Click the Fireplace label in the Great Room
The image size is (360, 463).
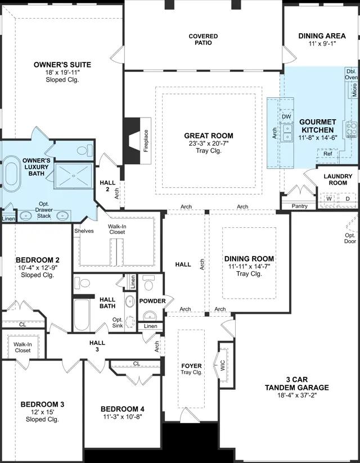pyautogui.click(x=146, y=141)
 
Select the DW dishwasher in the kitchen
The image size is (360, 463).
pyautogui.click(x=286, y=116)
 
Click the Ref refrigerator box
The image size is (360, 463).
pyautogui.click(x=327, y=154)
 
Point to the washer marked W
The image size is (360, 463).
pyautogui.click(x=329, y=199)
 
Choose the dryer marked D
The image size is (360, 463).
pyautogui.click(x=348, y=199)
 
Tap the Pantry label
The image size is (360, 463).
pyautogui.click(x=299, y=206)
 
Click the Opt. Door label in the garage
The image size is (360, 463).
pyautogui.click(x=350, y=239)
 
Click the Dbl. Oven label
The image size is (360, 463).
pyautogui.click(x=352, y=74)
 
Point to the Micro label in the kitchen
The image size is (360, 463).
pyautogui.click(x=354, y=90)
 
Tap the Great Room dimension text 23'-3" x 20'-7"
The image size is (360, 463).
pyautogui.click(x=209, y=143)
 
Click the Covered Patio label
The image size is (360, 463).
pyautogui.click(x=203, y=39)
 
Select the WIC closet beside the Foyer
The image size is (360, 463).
pyautogui.click(x=223, y=365)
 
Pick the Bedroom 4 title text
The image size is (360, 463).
pyautogui.click(x=123, y=409)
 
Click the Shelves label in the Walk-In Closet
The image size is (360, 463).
pyautogui.click(x=84, y=231)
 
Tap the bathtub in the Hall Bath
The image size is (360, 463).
pyautogui.click(x=82, y=316)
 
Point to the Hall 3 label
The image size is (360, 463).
pyautogui.click(x=97, y=346)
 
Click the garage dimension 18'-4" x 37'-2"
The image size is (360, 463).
pyautogui.click(x=297, y=395)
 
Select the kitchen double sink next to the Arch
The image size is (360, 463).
pyautogui.click(x=287, y=133)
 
